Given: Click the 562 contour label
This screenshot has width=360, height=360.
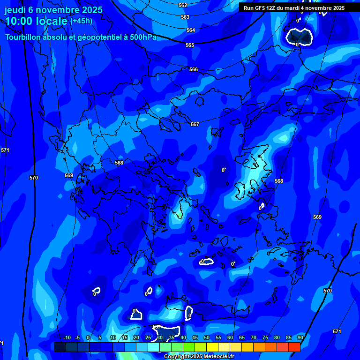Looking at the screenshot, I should [183, 5].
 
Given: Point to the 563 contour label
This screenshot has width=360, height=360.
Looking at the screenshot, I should [185, 17].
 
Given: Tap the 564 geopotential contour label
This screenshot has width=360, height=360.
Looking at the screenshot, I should [191, 30].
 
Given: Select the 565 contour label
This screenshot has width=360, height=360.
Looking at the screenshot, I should [190, 45].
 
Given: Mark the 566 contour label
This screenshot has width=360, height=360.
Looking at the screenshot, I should [194, 69].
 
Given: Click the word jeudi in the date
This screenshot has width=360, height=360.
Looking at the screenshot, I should [15, 10].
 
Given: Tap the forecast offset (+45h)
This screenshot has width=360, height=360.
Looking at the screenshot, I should [82, 21].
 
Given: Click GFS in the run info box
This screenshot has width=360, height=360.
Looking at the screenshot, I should [261, 8].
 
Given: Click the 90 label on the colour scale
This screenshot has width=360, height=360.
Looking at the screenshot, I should [300, 337].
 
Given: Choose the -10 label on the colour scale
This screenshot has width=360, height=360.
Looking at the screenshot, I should [67, 337].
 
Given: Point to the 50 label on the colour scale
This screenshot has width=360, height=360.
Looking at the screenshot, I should [206, 337].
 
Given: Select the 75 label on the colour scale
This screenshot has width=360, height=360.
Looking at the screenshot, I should [265, 337].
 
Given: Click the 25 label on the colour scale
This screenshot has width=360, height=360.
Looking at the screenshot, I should [148, 337].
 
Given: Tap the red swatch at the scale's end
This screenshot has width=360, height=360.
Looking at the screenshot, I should [294, 347].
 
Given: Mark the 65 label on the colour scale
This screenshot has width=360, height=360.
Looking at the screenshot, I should [241, 337].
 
